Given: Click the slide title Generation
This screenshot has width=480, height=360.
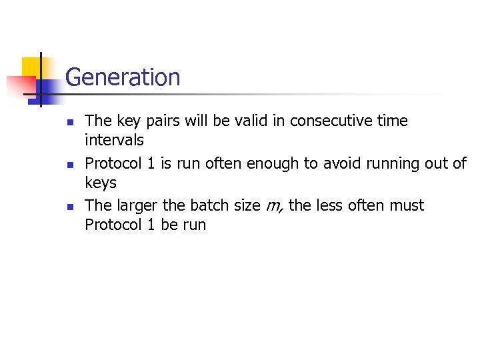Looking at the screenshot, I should [123, 77].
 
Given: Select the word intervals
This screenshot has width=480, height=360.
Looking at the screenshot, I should [114, 140].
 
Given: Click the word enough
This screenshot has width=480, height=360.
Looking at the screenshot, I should [270, 163].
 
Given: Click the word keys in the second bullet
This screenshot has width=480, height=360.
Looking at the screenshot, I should [101, 183].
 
